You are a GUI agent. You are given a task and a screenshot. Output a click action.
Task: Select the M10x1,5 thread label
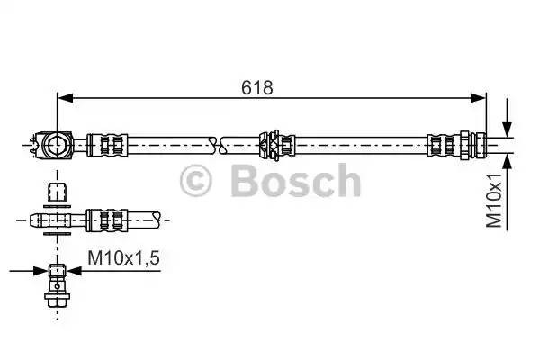click(x=123, y=258)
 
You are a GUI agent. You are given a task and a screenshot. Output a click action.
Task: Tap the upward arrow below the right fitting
click(x=508, y=161)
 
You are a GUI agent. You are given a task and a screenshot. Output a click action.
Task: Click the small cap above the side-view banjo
click(x=56, y=192)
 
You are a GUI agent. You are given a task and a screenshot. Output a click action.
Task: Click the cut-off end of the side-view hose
click(x=158, y=218)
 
